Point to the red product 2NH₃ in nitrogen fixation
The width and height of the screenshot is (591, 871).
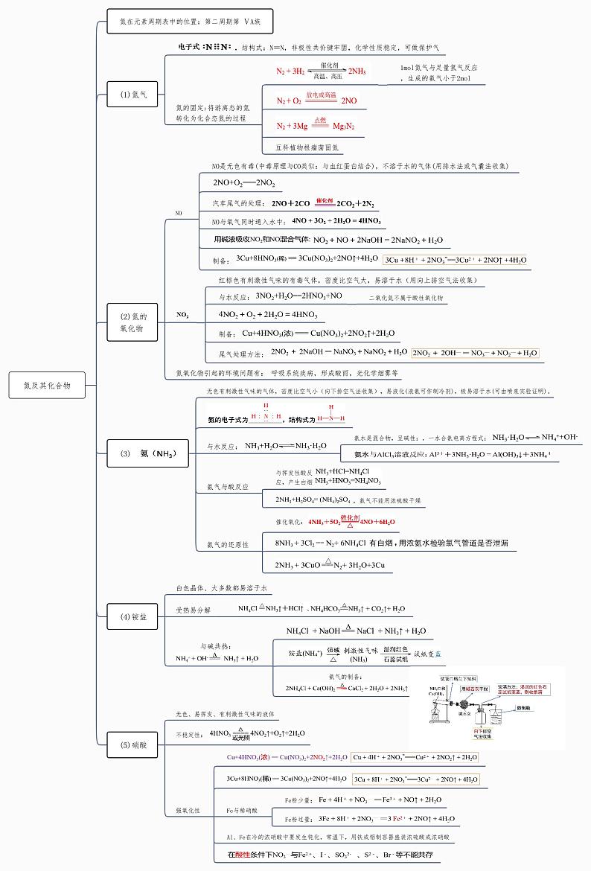coord(357,71)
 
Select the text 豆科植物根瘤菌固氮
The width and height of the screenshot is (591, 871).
coord(307,147)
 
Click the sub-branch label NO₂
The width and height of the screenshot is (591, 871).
coord(182,315)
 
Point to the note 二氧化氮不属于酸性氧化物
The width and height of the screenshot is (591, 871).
coord(406,297)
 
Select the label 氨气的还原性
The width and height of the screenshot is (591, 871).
coord(227,545)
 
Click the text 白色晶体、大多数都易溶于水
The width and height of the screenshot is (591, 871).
coord(221,588)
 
